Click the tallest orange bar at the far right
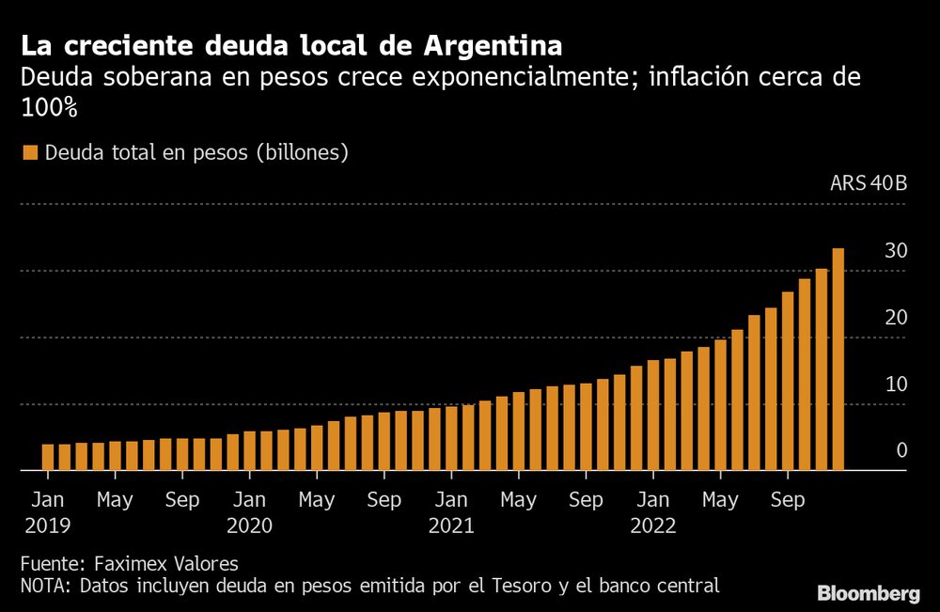tap(838, 358)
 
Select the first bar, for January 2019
tap(48, 457)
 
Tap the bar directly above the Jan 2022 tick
tap(652, 415)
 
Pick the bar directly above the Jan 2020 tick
tap(249, 450)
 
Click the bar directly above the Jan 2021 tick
tap(451, 438)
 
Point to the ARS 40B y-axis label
tap(869, 183)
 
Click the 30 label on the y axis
tap(895, 251)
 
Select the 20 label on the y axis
tap(895, 318)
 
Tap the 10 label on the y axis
tap(895, 384)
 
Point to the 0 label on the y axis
tap(901, 451)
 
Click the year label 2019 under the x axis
tap(48, 526)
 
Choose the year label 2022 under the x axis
tap(653, 526)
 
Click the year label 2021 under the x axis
tap(451, 526)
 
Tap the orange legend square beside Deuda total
tap(29, 153)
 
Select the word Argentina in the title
tap(493, 45)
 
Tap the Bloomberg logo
tap(869, 593)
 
